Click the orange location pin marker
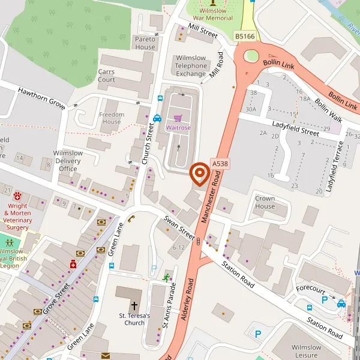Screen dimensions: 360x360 pyautogui.click(x=199, y=174)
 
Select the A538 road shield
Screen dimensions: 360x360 pyautogui.click(x=220, y=163)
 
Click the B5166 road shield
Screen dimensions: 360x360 pyautogui.click(x=244, y=37)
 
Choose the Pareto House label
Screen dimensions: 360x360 pyautogui.click(x=145, y=43)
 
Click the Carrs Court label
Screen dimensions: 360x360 pyautogui.click(x=106, y=76)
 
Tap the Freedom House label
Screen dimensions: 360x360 pyautogui.click(x=112, y=118)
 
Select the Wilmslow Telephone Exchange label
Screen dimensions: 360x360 pyautogui.click(x=190, y=66)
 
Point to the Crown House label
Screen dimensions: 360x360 pyautogui.click(x=265, y=202)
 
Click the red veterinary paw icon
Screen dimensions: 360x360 pyautogui.click(x=17, y=196)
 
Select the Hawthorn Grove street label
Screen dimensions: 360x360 pyautogui.click(x=41, y=98)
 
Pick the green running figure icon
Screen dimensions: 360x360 pyautogui.click(x=166, y=277)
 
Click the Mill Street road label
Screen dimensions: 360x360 pyautogui.click(x=202, y=31)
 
